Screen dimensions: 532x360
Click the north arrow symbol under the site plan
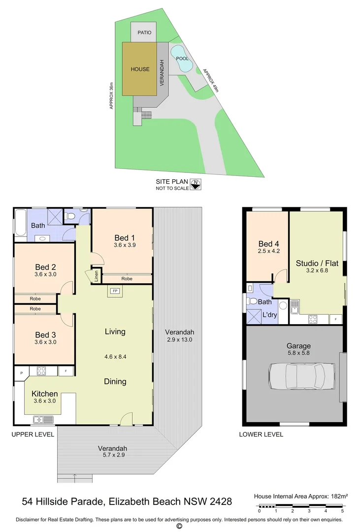click(196, 185)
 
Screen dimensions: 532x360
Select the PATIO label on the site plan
click(144, 33)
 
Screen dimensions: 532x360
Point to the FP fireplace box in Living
click(115, 291)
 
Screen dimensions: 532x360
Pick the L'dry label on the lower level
click(269, 314)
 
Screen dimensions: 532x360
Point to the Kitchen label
click(45, 394)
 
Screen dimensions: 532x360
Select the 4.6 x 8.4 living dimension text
click(115, 357)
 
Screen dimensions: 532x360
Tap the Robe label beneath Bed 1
click(127, 279)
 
